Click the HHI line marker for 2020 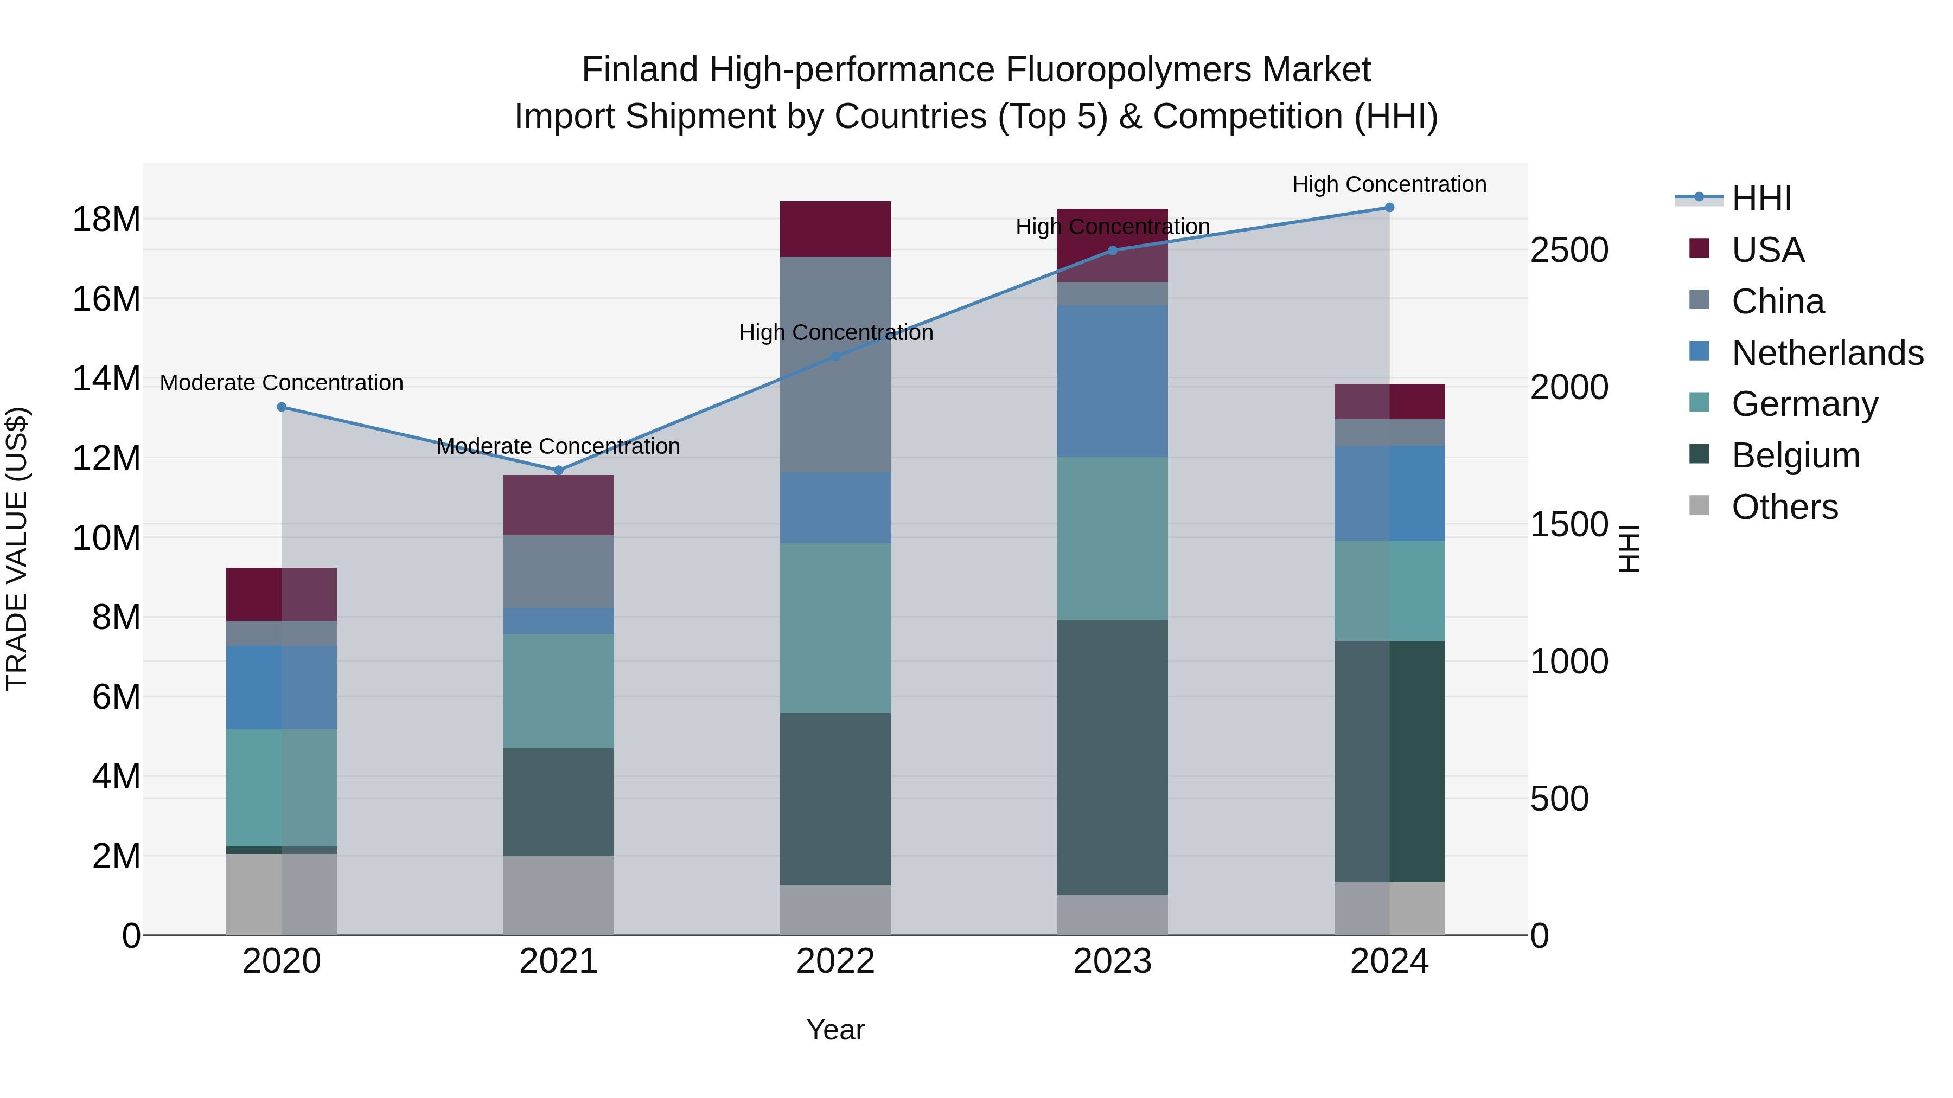282,407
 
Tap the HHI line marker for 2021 559,471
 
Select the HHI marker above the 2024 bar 1390,208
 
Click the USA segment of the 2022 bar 835,229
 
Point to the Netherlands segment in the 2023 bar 1112,381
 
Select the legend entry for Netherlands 1827,353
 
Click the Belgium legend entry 1795,455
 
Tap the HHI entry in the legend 1761,198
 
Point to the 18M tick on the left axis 106,220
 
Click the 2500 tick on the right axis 1568,251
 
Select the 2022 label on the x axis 835,961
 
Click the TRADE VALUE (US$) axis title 17,549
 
